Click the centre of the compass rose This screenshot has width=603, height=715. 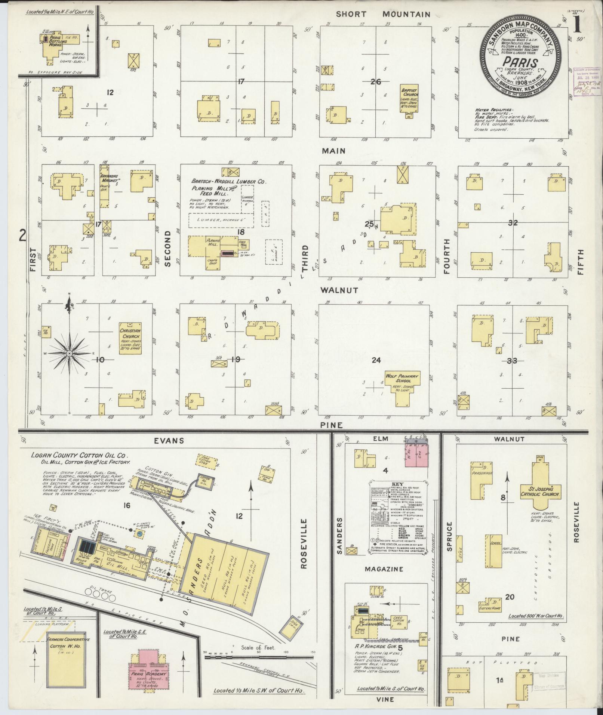(x=70, y=353)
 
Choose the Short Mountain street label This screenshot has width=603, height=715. (x=383, y=15)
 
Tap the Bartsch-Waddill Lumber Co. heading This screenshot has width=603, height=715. (x=228, y=182)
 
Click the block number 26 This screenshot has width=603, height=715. (x=375, y=82)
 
